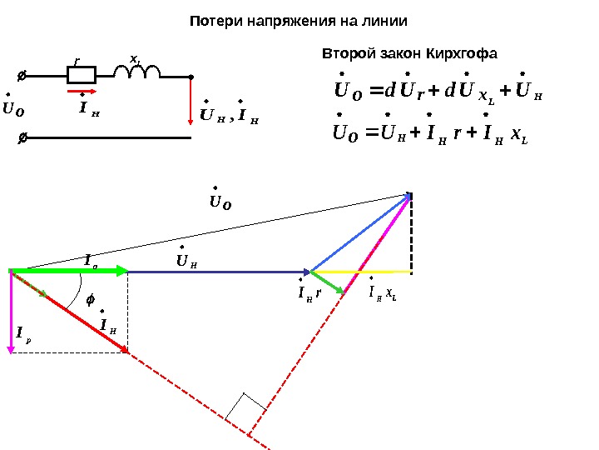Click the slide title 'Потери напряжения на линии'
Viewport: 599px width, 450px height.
299,18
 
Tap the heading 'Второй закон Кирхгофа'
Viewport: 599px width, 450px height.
408,54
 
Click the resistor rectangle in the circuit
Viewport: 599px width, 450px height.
82,75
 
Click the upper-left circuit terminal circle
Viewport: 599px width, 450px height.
22,76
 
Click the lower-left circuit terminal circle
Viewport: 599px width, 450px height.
22,136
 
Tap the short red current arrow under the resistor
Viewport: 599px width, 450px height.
82,89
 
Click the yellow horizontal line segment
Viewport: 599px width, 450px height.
366,272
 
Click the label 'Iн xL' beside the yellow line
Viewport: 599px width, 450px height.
382,293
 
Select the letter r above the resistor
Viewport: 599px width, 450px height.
77,61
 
